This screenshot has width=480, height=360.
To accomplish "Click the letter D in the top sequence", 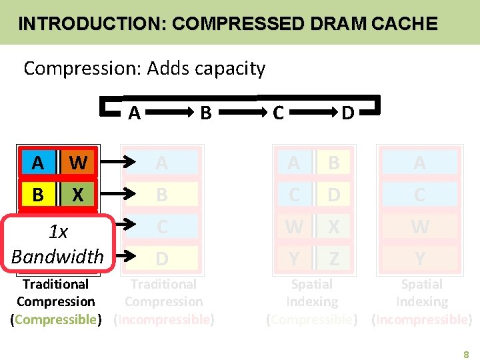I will click(347, 113).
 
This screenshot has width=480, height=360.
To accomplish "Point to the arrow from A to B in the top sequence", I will click(172, 113).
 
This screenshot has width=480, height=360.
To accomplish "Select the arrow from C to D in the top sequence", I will click(313, 113).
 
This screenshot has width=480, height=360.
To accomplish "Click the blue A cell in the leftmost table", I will click(37, 162).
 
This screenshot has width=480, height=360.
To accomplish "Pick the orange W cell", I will click(77, 162).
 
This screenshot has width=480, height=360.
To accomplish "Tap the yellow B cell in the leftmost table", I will click(37, 195).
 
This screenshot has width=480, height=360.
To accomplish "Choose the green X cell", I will click(77, 195).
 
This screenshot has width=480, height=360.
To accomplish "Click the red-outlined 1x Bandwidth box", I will click(57, 243).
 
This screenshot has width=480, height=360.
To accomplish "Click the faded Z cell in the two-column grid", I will click(333, 258).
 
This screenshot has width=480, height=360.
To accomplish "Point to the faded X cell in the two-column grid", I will click(333, 227).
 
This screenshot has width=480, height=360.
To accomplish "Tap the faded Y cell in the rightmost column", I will click(419, 258).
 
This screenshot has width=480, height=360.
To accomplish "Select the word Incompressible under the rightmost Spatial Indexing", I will click(422, 319).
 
